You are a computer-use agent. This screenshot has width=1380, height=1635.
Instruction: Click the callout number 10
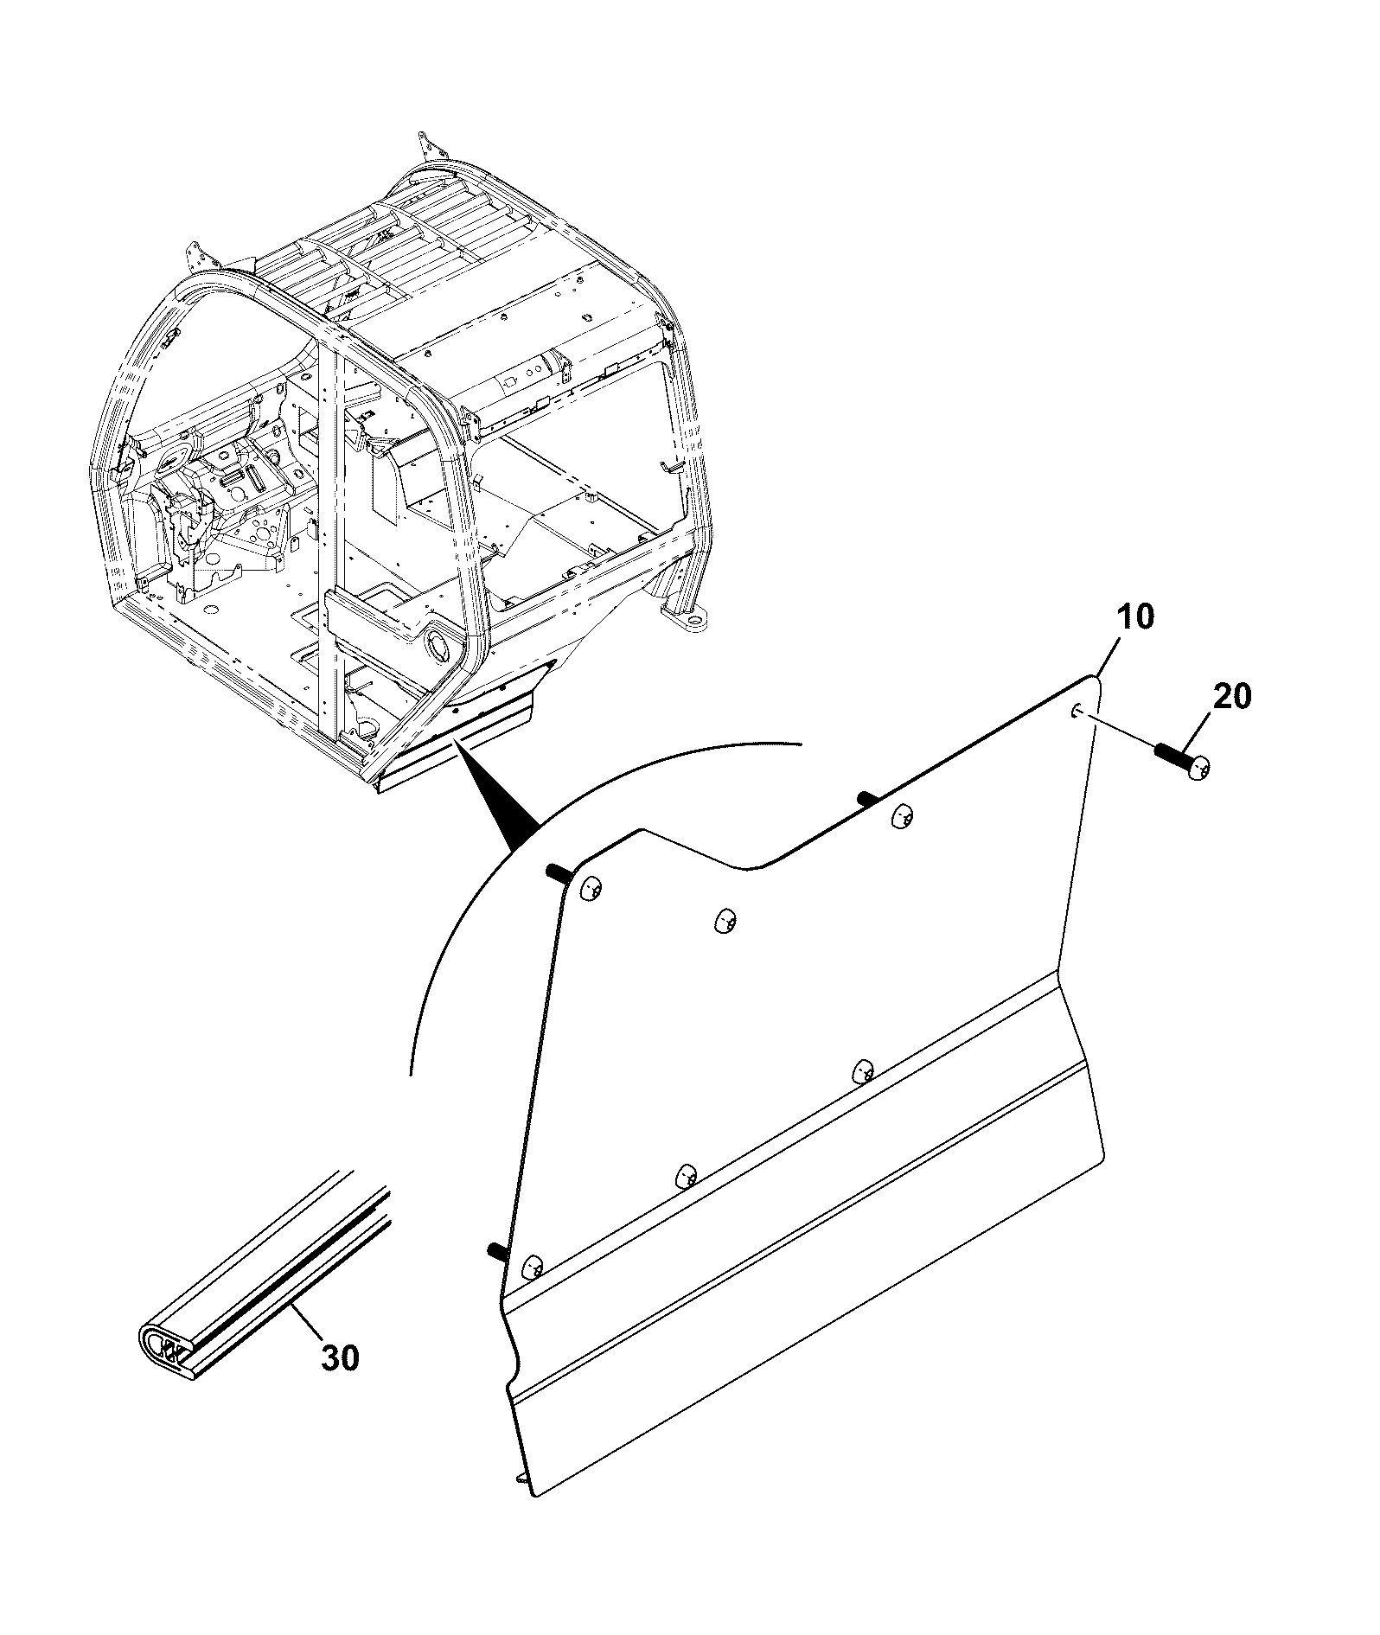coord(1134,619)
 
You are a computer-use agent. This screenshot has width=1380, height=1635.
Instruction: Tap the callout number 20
coord(1233,696)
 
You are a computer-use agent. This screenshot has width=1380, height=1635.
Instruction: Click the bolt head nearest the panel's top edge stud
coord(902,815)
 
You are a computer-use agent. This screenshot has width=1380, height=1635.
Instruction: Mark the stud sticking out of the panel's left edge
coord(496,1249)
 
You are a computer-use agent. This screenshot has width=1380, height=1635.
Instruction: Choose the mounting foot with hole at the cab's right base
coord(685,621)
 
